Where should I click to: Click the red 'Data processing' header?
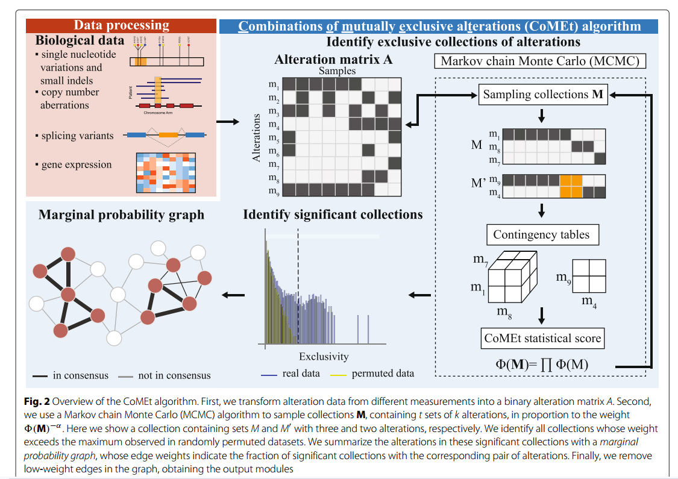121,25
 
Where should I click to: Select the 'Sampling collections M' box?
543,95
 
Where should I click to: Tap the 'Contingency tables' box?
542,234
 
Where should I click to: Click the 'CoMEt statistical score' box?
542,338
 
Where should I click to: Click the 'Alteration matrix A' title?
333,60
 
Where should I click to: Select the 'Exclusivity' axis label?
324,356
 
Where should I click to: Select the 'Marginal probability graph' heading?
121,214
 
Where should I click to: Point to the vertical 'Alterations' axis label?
257,137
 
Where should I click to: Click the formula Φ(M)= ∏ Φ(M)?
542,364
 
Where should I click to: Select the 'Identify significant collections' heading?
333,214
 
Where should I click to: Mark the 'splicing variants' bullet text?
77,136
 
